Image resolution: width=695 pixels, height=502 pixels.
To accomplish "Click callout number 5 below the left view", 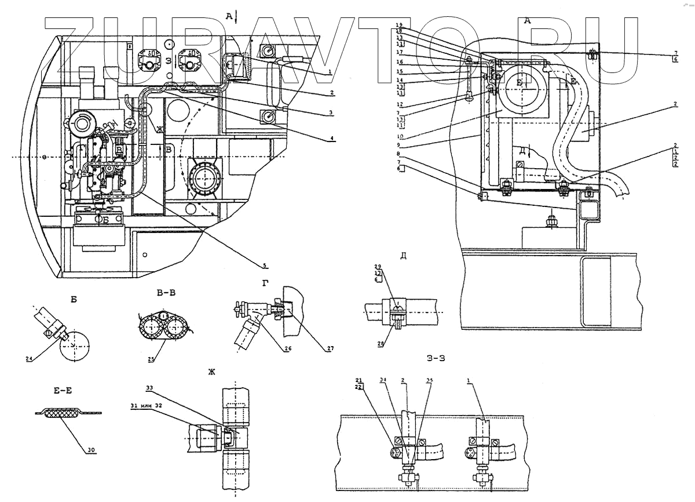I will coord(265,265).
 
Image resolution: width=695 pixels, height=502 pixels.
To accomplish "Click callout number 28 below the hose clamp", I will coord(381,344).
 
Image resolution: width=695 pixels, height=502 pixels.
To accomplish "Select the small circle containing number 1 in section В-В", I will coord(164,315).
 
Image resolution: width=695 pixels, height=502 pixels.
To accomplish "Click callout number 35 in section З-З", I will coord(429,381).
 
